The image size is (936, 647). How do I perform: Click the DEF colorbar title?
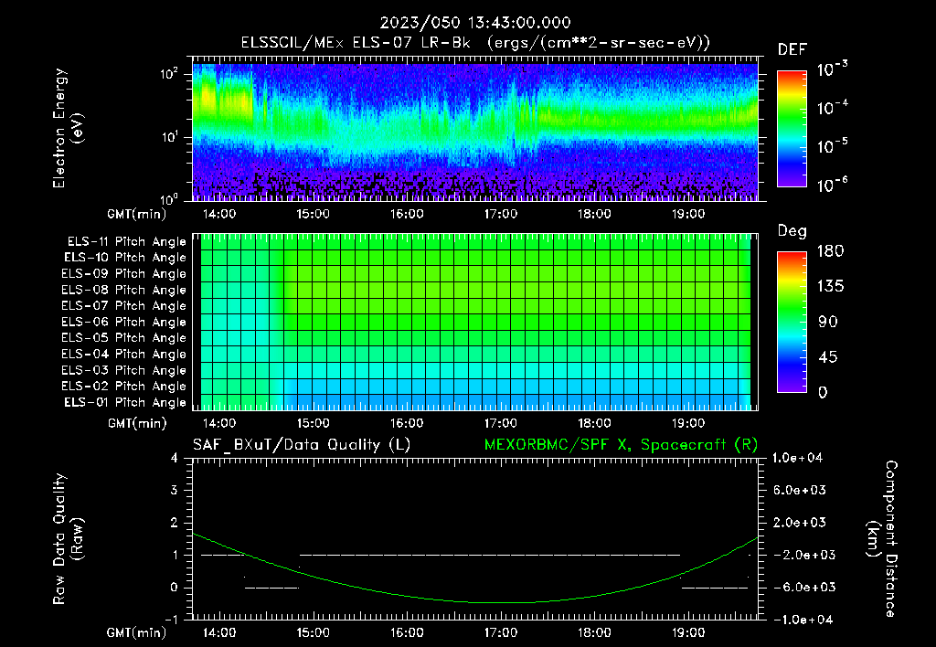pos(792,49)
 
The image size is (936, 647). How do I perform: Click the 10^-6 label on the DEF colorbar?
pos(832,185)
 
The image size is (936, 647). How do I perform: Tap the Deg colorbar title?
pos(792,231)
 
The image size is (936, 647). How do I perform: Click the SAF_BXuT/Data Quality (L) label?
pos(301,444)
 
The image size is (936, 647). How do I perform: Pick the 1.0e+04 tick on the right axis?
pos(800,458)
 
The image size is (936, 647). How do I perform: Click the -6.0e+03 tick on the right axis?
pos(800,587)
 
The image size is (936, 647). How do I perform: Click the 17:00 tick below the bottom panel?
pos(500,631)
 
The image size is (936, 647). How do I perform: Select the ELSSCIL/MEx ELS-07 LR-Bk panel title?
pos(474,42)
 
